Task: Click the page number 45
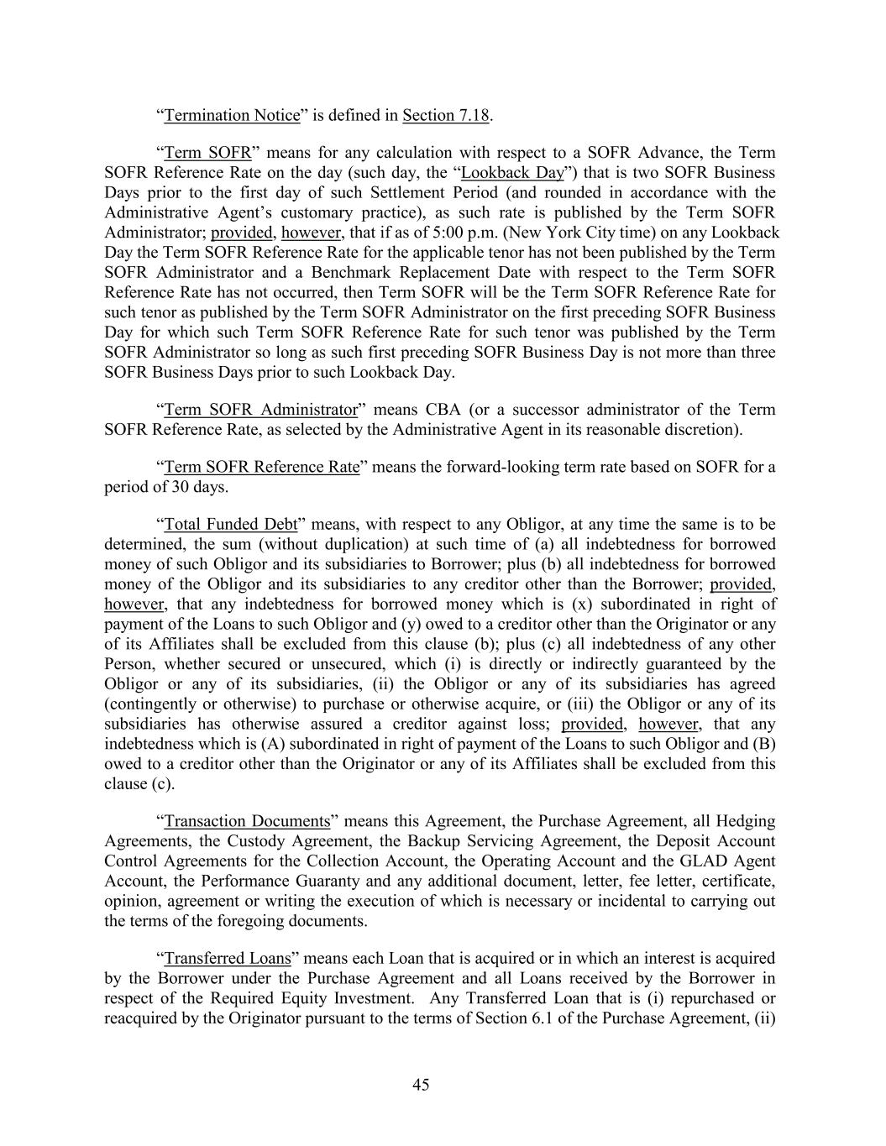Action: click(x=421, y=1085)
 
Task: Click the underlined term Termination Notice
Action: click(x=232, y=115)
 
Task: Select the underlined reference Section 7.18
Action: click(x=446, y=115)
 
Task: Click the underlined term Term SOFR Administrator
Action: click(x=261, y=410)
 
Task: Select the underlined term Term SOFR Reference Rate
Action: click(x=262, y=467)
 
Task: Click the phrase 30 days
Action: click(x=200, y=487)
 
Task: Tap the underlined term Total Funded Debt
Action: click(x=231, y=525)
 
